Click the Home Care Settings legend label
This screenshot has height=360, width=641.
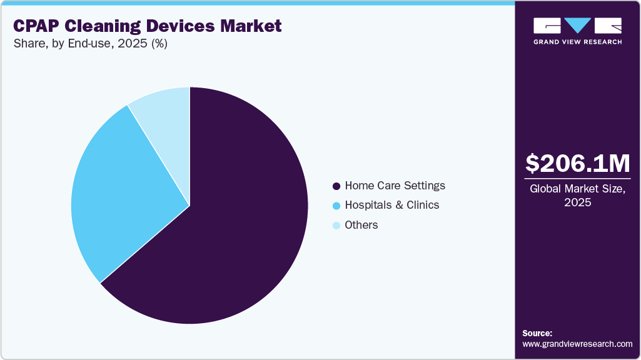[x=395, y=186]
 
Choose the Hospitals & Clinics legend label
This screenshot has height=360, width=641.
[x=391, y=205]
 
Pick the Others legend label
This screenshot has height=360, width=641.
[x=361, y=225]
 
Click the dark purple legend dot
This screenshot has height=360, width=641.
[x=337, y=186]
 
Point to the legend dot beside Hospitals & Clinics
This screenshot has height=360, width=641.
[x=337, y=206]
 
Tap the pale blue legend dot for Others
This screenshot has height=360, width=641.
[x=337, y=226]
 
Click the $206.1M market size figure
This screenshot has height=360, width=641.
[x=577, y=163]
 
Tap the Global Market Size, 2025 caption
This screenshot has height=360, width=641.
[x=577, y=195]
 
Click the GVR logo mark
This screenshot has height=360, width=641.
[x=577, y=26]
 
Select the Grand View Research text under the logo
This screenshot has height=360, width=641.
[x=577, y=42]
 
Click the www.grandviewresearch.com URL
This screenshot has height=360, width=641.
[x=577, y=344]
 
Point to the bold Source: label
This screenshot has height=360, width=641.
[x=537, y=333]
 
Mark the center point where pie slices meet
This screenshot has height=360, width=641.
[x=189, y=205]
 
